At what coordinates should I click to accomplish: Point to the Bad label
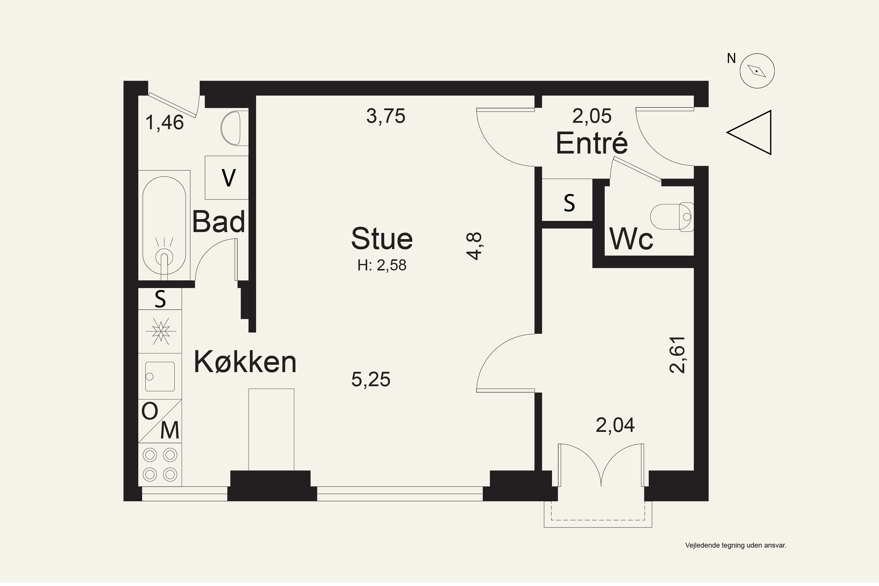pyautogui.click(x=219, y=221)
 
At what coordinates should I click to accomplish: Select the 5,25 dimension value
pyautogui.click(x=371, y=379)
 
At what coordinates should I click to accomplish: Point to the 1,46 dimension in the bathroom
pyautogui.click(x=164, y=122)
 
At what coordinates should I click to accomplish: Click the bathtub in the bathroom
pyautogui.click(x=164, y=225)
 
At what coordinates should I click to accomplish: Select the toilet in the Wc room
pyautogui.click(x=672, y=217)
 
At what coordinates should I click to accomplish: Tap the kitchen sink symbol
pyautogui.click(x=160, y=376)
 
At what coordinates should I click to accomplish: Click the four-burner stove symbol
pyautogui.click(x=160, y=464)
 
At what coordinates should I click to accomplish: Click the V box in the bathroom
pyautogui.click(x=226, y=178)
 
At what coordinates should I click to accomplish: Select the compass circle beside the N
pyautogui.click(x=757, y=71)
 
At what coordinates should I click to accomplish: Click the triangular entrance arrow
pyautogui.click(x=749, y=132)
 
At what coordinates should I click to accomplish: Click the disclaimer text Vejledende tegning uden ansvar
pyautogui.click(x=736, y=545)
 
